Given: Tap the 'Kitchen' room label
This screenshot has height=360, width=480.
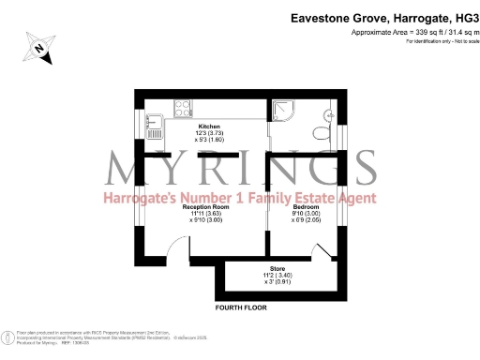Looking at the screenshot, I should [209, 126].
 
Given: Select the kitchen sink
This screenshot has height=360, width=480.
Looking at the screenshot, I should [157, 119].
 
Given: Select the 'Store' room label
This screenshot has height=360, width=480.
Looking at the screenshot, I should [277, 268].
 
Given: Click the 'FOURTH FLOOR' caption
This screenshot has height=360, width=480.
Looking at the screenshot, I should [241, 307].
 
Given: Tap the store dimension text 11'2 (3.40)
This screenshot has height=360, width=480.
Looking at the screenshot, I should [277, 276].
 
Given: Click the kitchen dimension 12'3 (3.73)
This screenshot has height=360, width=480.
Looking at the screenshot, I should [209, 133].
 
